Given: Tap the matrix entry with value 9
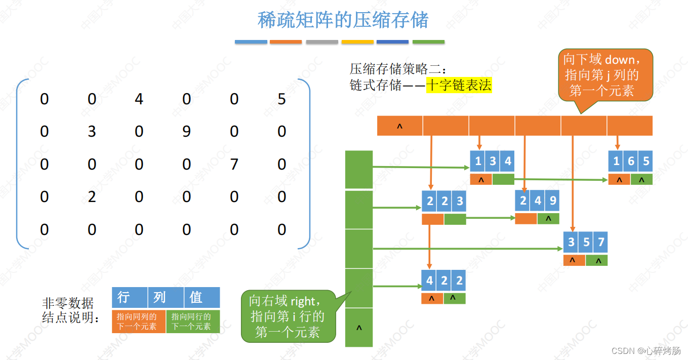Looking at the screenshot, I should click(186, 132).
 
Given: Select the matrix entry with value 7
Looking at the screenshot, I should click(234, 164).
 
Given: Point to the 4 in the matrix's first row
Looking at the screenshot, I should click(139, 99).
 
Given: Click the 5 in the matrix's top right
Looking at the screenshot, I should click(281, 99).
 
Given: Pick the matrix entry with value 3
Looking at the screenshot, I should click(92, 132).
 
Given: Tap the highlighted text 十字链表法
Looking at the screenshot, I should click(459, 85).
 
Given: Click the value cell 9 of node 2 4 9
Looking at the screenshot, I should click(552, 201).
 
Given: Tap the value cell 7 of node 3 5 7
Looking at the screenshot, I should click(600, 242).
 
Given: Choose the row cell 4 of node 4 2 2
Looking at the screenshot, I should click(429, 280).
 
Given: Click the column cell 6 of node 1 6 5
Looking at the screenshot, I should click(631, 162).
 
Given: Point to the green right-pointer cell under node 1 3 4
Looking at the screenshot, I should click(503, 179).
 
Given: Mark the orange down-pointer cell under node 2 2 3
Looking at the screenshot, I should click(432, 219).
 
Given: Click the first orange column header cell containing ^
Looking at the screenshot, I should click(399, 126).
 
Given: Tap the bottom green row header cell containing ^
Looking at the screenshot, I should click(359, 328).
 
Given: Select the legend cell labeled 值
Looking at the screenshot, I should click(201, 297).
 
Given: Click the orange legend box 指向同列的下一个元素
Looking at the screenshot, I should click(138, 321).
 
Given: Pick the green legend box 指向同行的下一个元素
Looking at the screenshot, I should click(193, 321).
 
